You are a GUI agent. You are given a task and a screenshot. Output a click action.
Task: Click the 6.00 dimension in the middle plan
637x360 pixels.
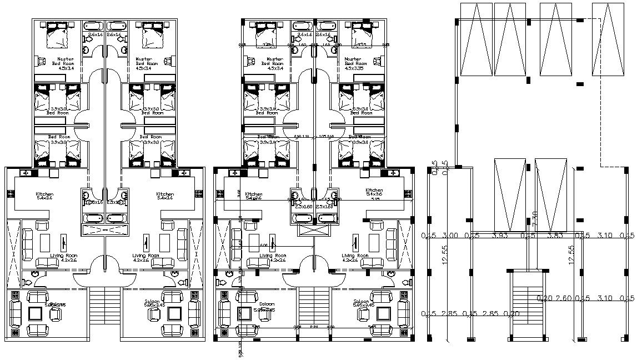tap(263, 246)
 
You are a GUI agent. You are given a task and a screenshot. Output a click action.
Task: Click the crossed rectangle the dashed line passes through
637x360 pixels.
tap(608, 39)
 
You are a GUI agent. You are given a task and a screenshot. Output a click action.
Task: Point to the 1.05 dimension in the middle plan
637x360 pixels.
tap(323, 136)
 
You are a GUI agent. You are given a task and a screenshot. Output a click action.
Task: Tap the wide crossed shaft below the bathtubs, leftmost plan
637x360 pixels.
tap(104, 231)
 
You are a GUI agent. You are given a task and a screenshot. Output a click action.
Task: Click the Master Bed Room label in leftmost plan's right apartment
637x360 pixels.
tap(144, 61)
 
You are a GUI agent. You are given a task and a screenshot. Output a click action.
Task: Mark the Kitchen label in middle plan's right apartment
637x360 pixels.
tap(374, 191)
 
